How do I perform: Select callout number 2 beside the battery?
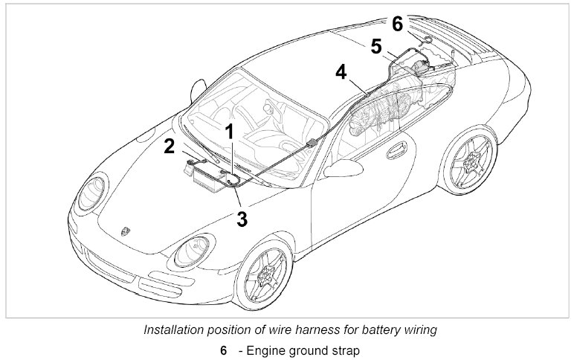pos(170,146)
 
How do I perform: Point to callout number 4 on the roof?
pos(341,72)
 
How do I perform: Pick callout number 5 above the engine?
pos(377,48)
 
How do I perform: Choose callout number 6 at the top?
pos(397,25)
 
